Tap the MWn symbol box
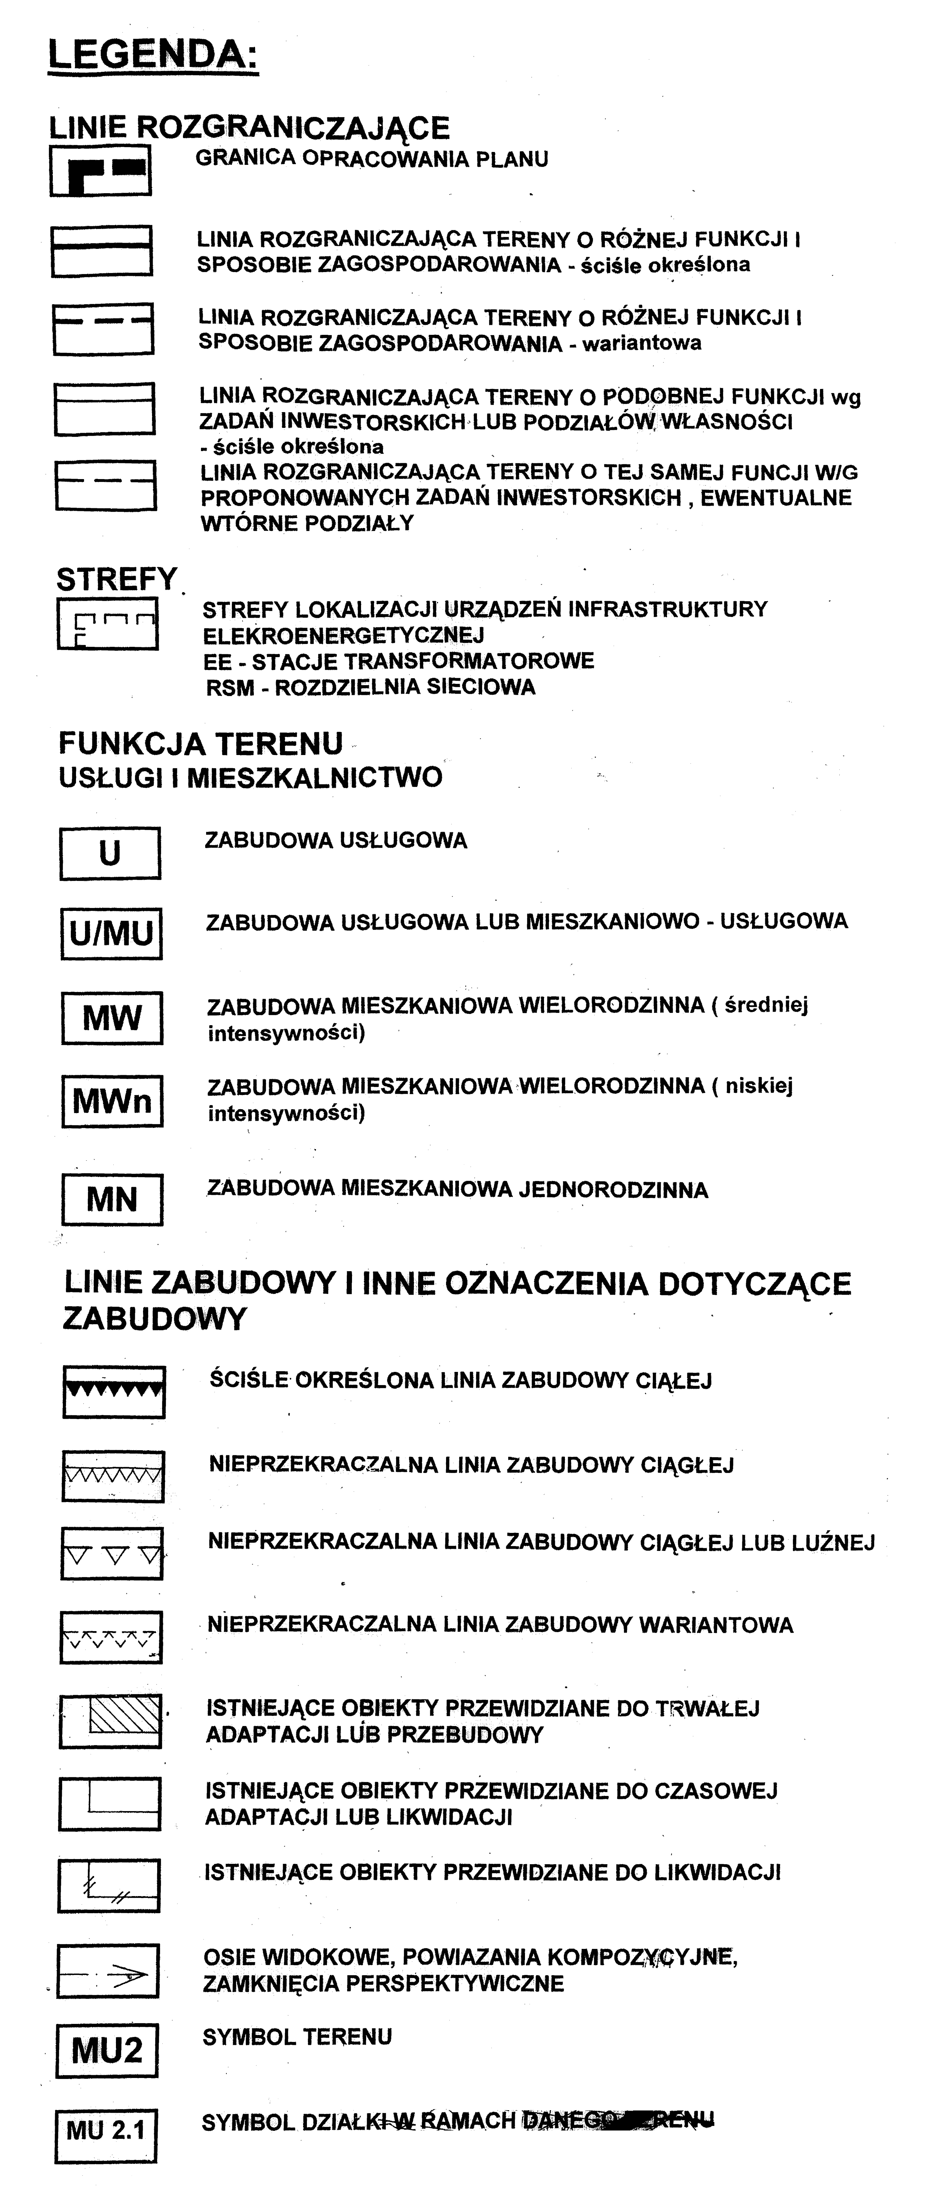coord(112,1101)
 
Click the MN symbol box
coord(112,1198)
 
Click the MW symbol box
coord(112,1018)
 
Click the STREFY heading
coord(117,580)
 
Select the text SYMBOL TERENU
coord(297,2037)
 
